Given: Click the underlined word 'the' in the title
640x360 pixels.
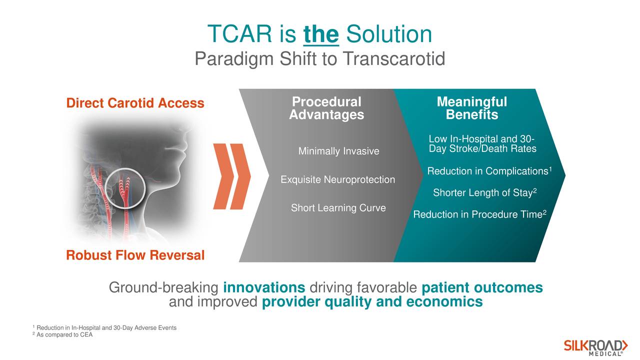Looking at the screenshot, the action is pos(321,34).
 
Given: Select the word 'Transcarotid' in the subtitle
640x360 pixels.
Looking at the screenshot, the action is pos(394,58).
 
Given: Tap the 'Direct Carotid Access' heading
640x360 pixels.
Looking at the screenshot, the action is pos(135,103).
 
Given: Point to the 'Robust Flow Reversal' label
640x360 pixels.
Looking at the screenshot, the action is pos(135,255).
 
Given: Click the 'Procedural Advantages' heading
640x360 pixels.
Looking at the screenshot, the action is pos(326,108).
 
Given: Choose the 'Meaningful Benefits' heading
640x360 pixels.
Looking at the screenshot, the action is pos(472,108).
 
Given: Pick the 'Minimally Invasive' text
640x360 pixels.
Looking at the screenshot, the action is pos(339,151).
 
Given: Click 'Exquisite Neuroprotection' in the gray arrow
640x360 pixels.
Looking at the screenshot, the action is pos(337,179).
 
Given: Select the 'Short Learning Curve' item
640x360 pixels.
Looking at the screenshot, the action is pos(338,207).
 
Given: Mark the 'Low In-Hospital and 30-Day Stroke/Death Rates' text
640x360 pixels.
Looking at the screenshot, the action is pos(482,143).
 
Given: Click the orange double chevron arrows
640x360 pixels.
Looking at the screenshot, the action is pos(232,176).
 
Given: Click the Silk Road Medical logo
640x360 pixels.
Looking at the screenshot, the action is pos(595,348).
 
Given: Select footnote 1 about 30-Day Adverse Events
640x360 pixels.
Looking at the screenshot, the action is pos(104,327).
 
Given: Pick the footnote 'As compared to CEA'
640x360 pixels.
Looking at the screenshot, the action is pos(62,334).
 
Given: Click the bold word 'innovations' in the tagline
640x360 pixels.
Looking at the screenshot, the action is pos(264,287).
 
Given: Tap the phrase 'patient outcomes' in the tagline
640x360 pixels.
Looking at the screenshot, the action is pos(482,287).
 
